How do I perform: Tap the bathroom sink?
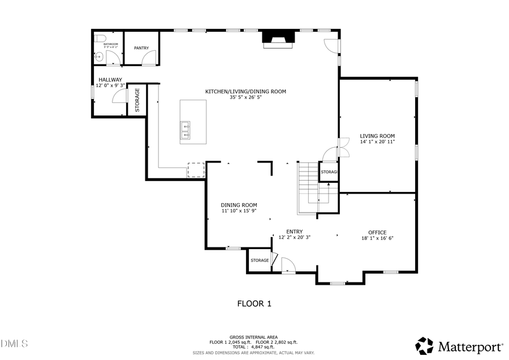coord(98,56)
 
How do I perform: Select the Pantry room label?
coord(141,48)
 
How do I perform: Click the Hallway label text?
coord(110,80)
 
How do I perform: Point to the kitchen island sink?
coord(185,130)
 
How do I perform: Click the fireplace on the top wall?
coord(278,37)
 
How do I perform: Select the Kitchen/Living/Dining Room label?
coord(245,91)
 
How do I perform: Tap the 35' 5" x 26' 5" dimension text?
coord(245,97)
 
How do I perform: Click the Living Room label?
coord(377,136)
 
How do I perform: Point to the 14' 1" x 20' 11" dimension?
coord(377,142)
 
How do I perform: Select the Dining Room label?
coord(239,205)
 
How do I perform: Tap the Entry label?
coord(294,232)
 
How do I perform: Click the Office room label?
coord(377,233)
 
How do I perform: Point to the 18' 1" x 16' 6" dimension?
coord(377,238)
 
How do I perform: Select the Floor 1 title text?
coord(254,304)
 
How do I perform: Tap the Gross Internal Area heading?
coord(253,337)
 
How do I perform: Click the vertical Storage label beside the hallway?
coord(137,100)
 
